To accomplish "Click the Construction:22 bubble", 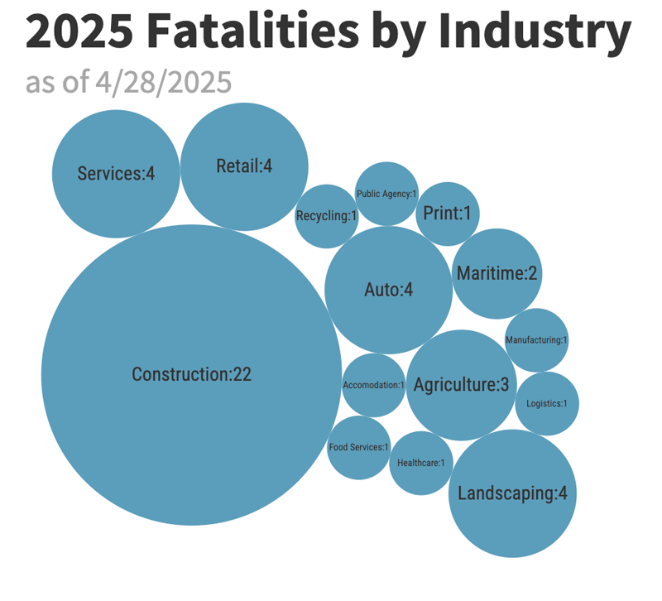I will [x=191, y=375].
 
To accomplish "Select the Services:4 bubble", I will [x=116, y=174].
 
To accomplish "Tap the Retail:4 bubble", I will [x=244, y=166].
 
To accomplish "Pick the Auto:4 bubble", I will [x=388, y=290].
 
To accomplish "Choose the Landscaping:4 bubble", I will [x=512, y=493].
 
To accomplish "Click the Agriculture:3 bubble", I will [x=462, y=385].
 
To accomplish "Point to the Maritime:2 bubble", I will [x=496, y=273].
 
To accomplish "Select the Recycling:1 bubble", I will [x=326, y=216].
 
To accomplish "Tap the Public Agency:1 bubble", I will [x=386, y=194].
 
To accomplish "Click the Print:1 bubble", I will [x=447, y=214].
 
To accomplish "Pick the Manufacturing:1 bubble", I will [x=536, y=339].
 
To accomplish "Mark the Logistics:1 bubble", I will [x=547, y=403].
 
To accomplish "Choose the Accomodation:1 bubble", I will [x=373, y=385].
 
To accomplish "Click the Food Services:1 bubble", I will [x=358, y=447].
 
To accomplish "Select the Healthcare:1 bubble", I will [x=420, y=463].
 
